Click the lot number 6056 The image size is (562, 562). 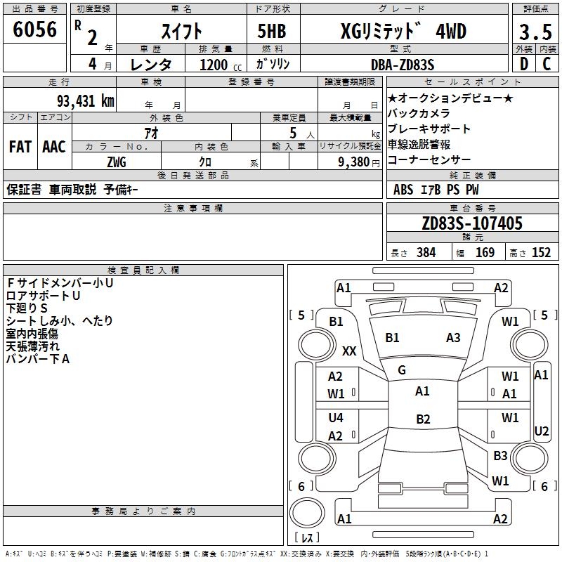pos(34,31)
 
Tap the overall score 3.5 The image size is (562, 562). pos(534,32)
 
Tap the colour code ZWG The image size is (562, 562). pos(117,162)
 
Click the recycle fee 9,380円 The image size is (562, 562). pos(350,162)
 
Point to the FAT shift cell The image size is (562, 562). pos(20,147)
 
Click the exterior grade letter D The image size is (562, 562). pos(523,64)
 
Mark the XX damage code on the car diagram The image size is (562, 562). pos(349,351)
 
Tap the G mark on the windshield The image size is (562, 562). pos(402,370)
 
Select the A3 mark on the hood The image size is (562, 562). pos(453,338)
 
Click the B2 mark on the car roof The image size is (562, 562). pos(423,419)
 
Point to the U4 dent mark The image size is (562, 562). pos(336,417)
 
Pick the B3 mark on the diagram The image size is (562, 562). pos(500,456)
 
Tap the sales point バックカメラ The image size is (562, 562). pos(419,113)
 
